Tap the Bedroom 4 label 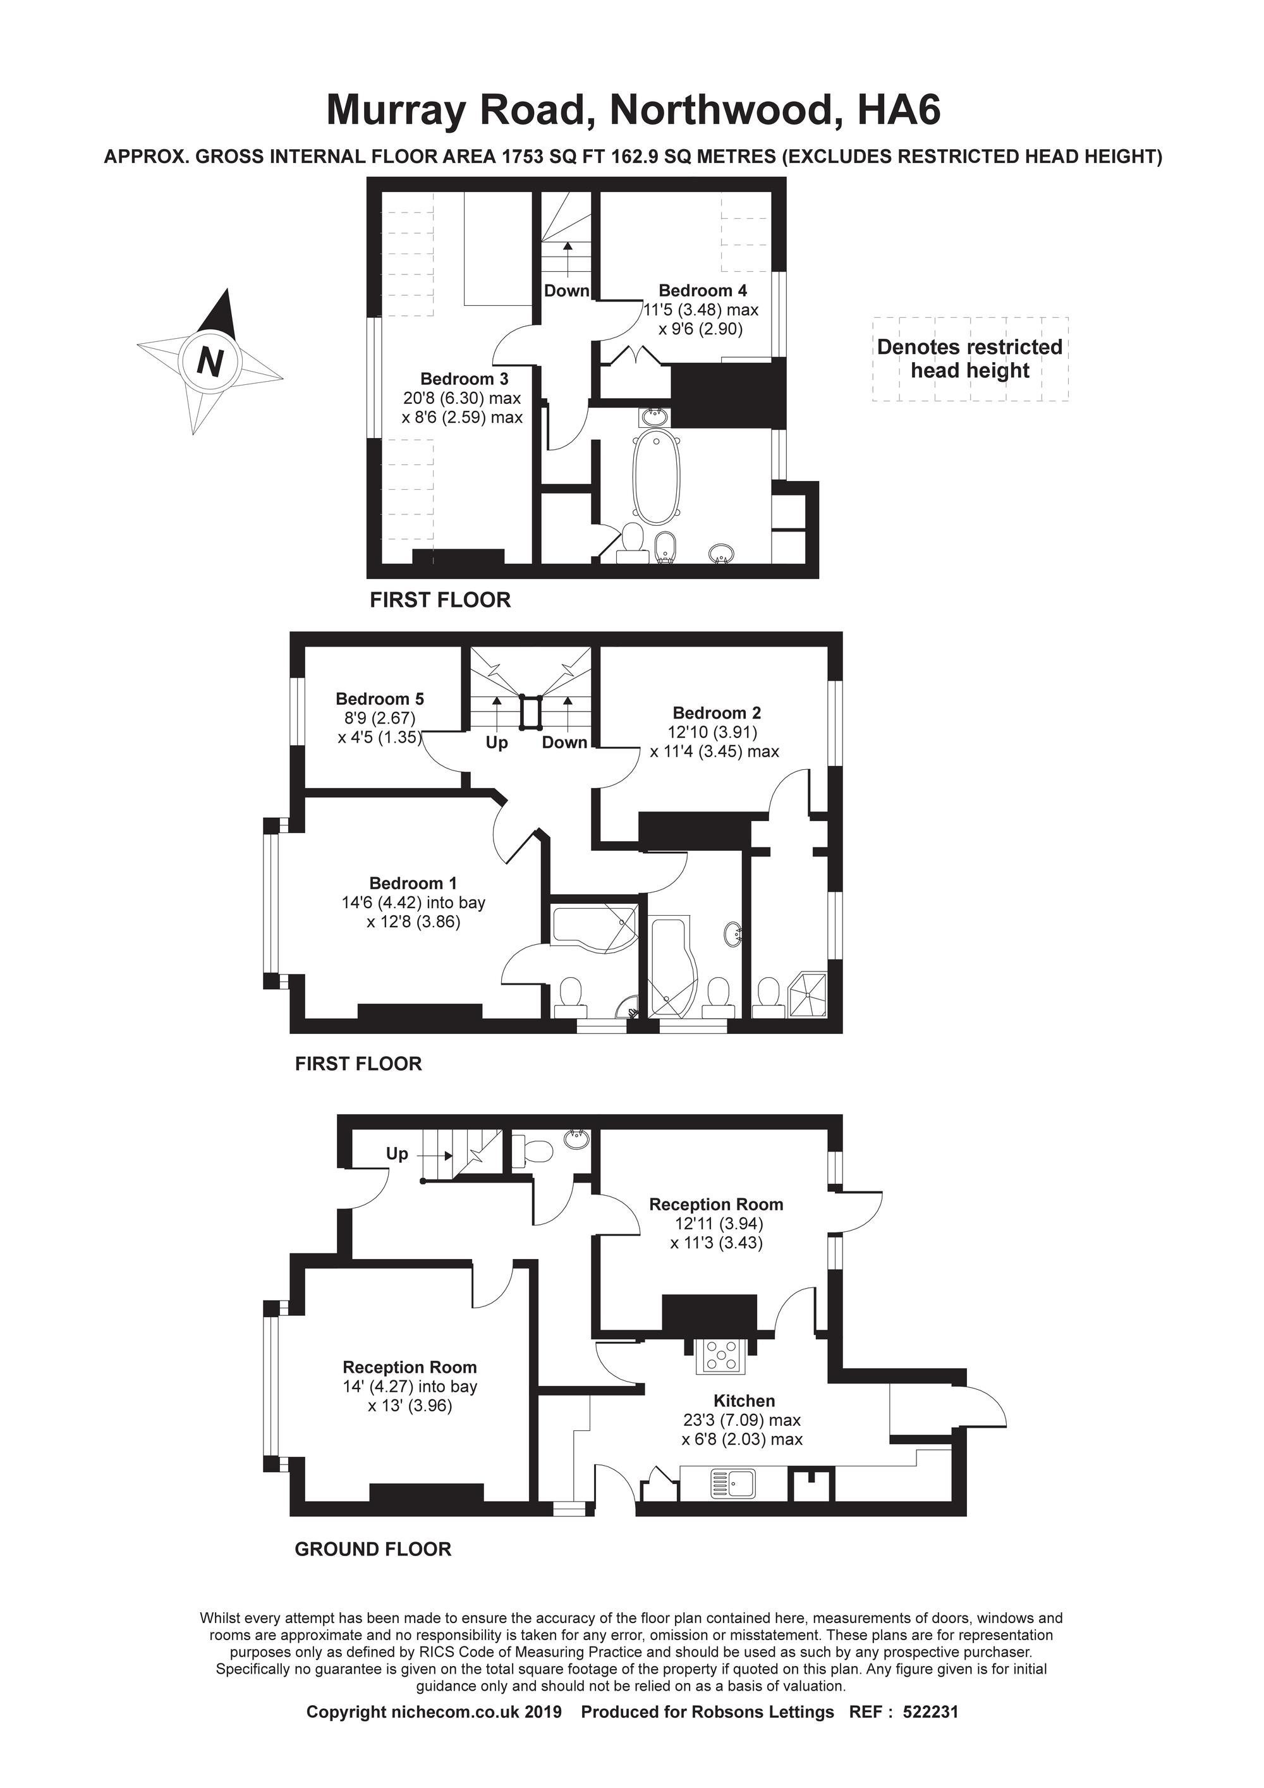point(703,291)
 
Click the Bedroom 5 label point(380,698)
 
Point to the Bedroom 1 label point(413,883)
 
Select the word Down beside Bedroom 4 point(566,291)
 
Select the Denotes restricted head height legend point(969,358)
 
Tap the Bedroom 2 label point(717,712)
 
